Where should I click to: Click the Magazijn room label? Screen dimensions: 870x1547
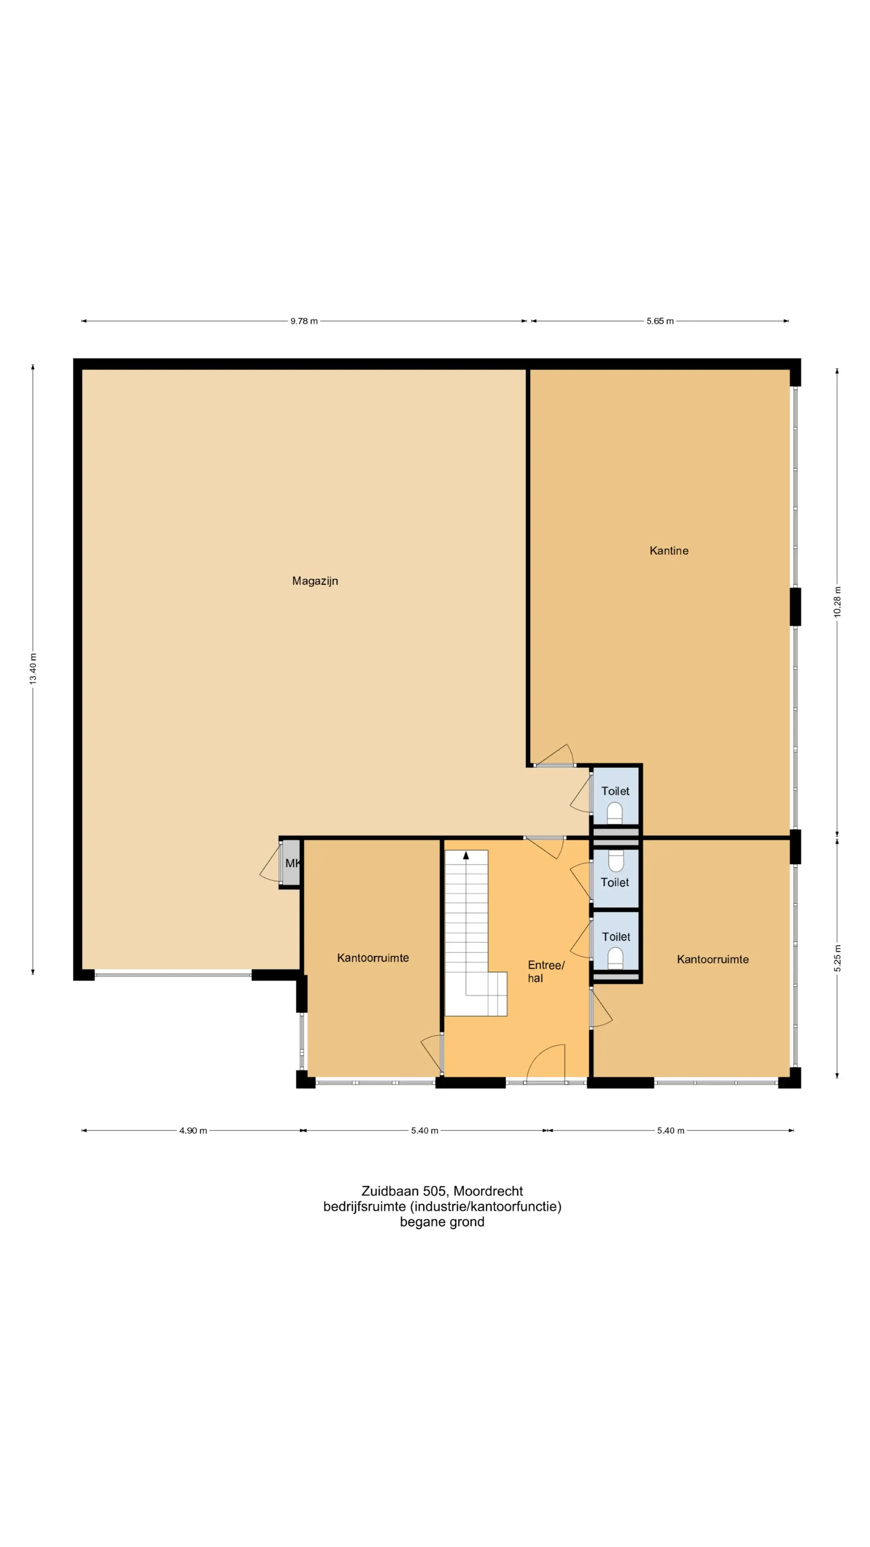point(315,581)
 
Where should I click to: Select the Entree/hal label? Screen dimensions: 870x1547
point(546,971)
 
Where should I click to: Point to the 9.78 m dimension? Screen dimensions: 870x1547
point(304,321)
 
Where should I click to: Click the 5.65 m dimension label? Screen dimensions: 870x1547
point(659,321)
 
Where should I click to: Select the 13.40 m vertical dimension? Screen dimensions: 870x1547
point(33,668)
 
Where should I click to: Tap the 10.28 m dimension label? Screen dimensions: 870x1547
point(837,601)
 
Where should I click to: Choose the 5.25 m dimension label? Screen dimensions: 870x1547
point(837,957)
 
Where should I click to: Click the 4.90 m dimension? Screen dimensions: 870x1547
point(193,1130)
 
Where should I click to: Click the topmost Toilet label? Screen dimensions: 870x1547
point(615,791)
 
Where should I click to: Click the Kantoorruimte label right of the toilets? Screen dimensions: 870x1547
point(713,959)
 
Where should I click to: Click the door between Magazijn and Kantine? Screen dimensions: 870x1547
point(554,755)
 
